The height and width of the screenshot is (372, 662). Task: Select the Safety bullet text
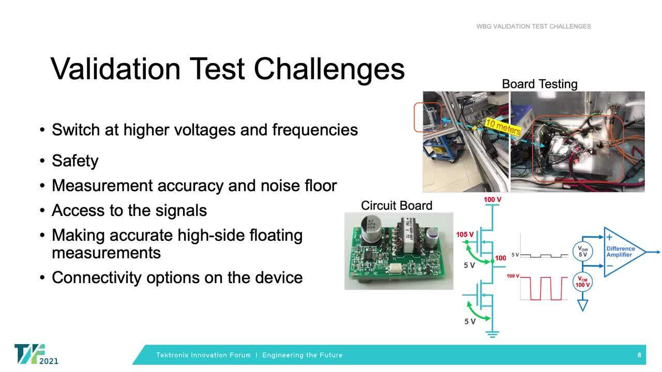point(75,161)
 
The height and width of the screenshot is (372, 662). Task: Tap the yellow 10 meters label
point(503,127)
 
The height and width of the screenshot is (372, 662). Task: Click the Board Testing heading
point(539,84)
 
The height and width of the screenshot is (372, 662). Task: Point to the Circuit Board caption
point(396,205)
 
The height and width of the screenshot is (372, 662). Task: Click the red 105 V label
point(465,235)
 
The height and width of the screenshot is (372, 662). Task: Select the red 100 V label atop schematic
point(492,199)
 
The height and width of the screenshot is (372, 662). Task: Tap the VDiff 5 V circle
point(583,252)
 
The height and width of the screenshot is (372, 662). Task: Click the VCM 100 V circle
point(583,282)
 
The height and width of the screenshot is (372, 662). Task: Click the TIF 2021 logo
point(36,354)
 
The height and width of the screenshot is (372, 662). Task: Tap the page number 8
point(639,355)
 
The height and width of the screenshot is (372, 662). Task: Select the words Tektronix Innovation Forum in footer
point(203,355)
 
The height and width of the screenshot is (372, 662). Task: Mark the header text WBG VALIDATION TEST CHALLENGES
point(533,26)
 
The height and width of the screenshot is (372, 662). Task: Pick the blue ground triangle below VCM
point(583,305)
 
